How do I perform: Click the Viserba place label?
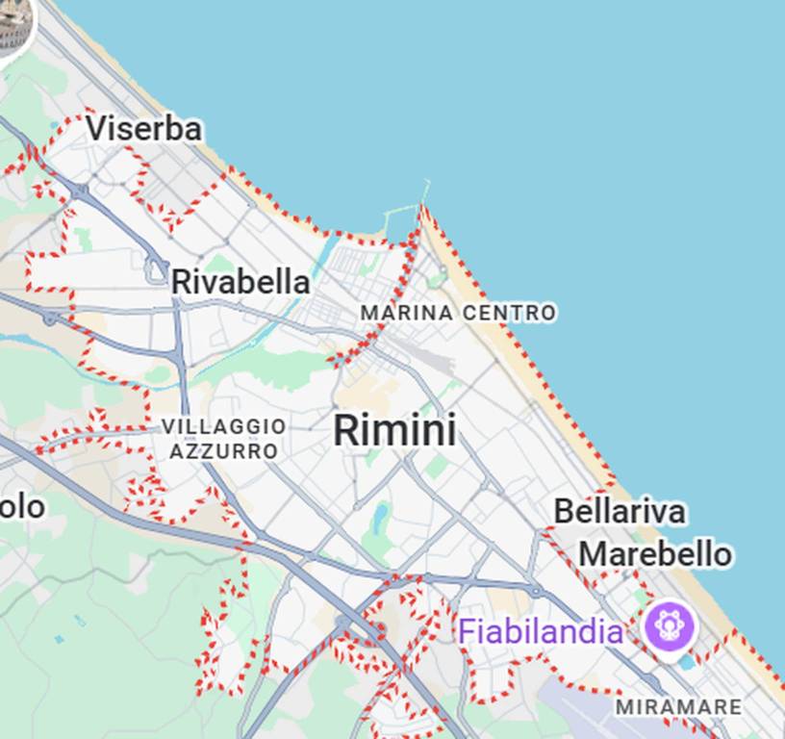144,129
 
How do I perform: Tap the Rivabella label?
241,282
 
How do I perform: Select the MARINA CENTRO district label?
458,313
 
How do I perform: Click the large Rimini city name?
394,430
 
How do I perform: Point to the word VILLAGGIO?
224,426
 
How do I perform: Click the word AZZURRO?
224,450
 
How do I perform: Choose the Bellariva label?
620,511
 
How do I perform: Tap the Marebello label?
654,554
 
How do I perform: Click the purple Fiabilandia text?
541,632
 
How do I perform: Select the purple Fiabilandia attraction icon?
671,625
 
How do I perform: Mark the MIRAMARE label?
678,707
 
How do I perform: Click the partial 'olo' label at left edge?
21,506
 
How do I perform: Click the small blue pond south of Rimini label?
382,518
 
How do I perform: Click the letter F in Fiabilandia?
467,632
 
